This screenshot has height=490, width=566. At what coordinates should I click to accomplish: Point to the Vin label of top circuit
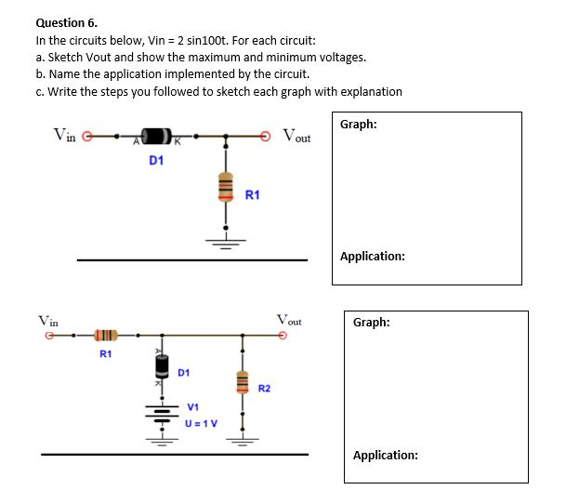click(65, 135)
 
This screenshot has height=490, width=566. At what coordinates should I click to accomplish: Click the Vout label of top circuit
click(296, 137)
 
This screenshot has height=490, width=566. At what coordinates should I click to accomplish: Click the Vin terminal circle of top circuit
click(87, 138)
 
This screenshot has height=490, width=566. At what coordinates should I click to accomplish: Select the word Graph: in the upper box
click(359, 124)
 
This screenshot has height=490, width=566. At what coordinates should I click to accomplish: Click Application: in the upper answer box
click(373, 256)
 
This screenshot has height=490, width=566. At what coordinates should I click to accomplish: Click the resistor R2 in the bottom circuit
click(243, 384)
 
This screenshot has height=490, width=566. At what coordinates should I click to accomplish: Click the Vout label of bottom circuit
click(289, 321)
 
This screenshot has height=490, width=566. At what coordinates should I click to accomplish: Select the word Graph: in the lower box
click(372, 323)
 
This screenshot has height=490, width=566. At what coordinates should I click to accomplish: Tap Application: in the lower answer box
click(386, 455)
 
